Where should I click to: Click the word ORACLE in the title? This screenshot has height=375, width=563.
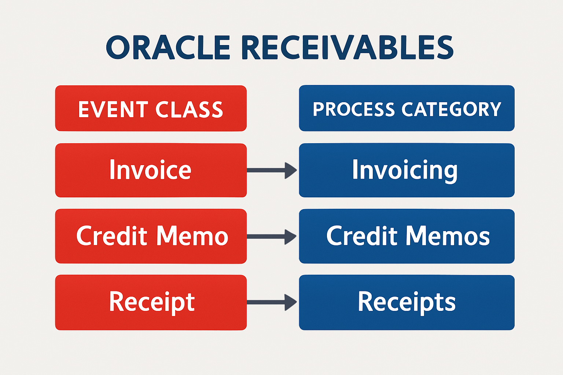(168, 48)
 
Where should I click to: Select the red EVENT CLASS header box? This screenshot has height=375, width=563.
(151, 108)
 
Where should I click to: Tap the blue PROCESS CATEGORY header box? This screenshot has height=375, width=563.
(406, 108)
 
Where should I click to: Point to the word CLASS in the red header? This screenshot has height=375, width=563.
(189, 109)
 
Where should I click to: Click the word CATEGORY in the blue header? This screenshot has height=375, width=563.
(451, 109)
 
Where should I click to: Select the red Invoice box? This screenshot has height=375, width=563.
(151, 170)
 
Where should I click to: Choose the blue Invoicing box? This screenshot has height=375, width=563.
(406, 170)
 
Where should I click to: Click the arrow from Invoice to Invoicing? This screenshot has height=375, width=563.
(272, 170)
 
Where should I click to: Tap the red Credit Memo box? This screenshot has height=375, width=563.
(151, 236)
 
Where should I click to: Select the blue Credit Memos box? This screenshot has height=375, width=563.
(406, 236)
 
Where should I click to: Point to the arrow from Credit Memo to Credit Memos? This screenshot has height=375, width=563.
(272, 237)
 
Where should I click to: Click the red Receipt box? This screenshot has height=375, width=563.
(151, 302)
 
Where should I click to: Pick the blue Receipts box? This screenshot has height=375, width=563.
(406, 302)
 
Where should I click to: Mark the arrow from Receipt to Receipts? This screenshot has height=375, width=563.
(272, 302)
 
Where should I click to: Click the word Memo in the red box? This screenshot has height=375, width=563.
(192, 236)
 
